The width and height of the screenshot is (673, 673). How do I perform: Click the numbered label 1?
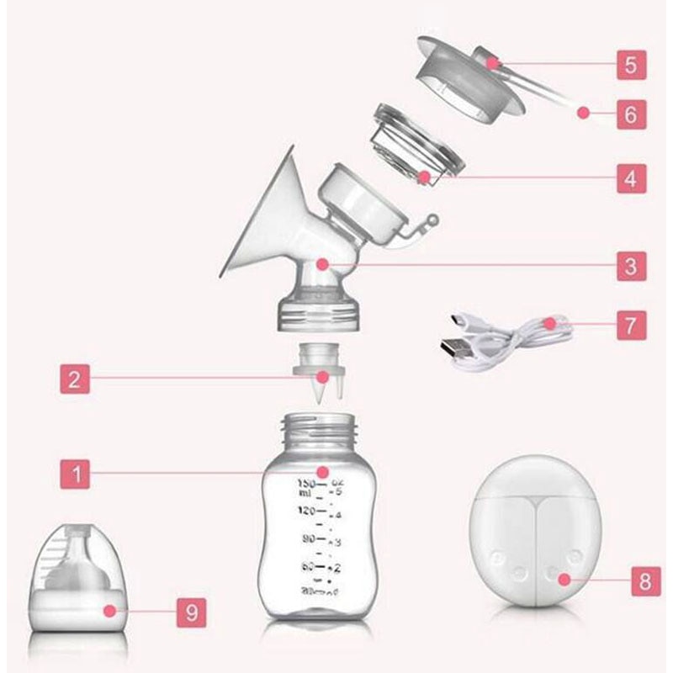click(77, 474)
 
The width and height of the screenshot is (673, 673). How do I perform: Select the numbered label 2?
click(77, 379)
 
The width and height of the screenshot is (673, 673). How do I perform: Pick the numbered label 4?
click(631, 178)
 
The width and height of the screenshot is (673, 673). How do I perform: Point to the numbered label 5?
click(631, 63)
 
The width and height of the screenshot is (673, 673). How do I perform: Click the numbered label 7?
click(631, 324)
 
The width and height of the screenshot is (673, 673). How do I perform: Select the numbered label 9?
click(192, 612)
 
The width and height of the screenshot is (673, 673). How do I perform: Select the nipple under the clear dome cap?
click(82, 572)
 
